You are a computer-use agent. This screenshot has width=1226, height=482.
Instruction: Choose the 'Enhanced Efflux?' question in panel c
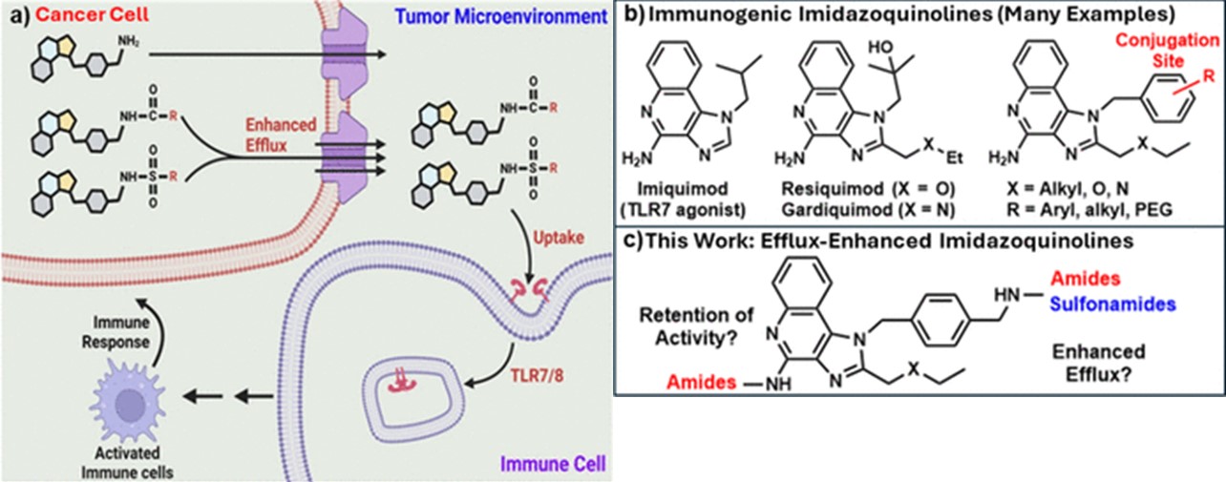click(1107, 364)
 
